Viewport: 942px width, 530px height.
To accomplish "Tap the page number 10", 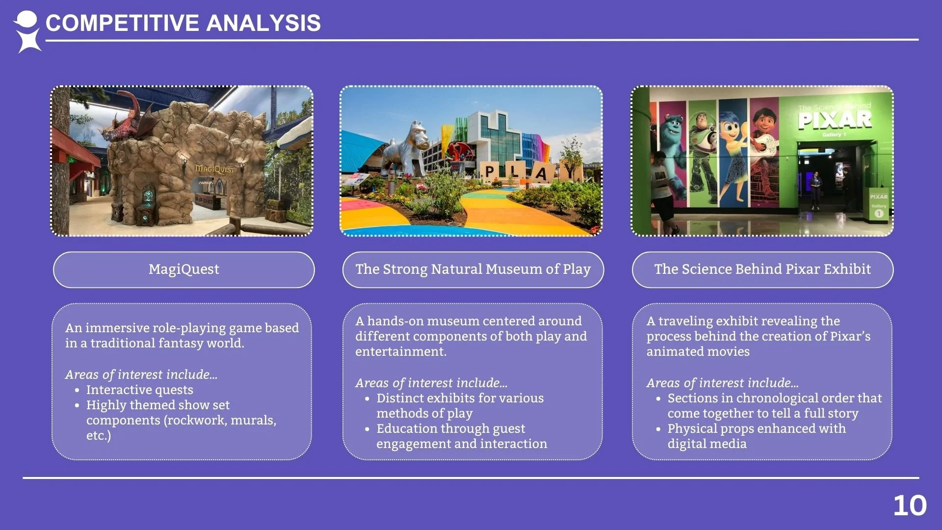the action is [x=910, y=505].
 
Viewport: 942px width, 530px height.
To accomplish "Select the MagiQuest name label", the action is [x=184, y=269].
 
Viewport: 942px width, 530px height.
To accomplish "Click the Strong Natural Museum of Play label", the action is [x=473, y=269].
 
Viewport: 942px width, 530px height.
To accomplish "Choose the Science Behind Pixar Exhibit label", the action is [x=762, y=269].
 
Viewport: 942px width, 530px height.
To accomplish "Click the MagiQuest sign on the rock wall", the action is [x=214, y=169].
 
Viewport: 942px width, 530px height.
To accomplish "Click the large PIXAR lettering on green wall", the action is [x=835, y=120].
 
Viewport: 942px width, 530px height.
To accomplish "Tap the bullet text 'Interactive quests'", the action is [x=139, y=390].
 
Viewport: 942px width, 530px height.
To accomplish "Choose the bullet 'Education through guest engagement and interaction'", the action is [x=461, y=436].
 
